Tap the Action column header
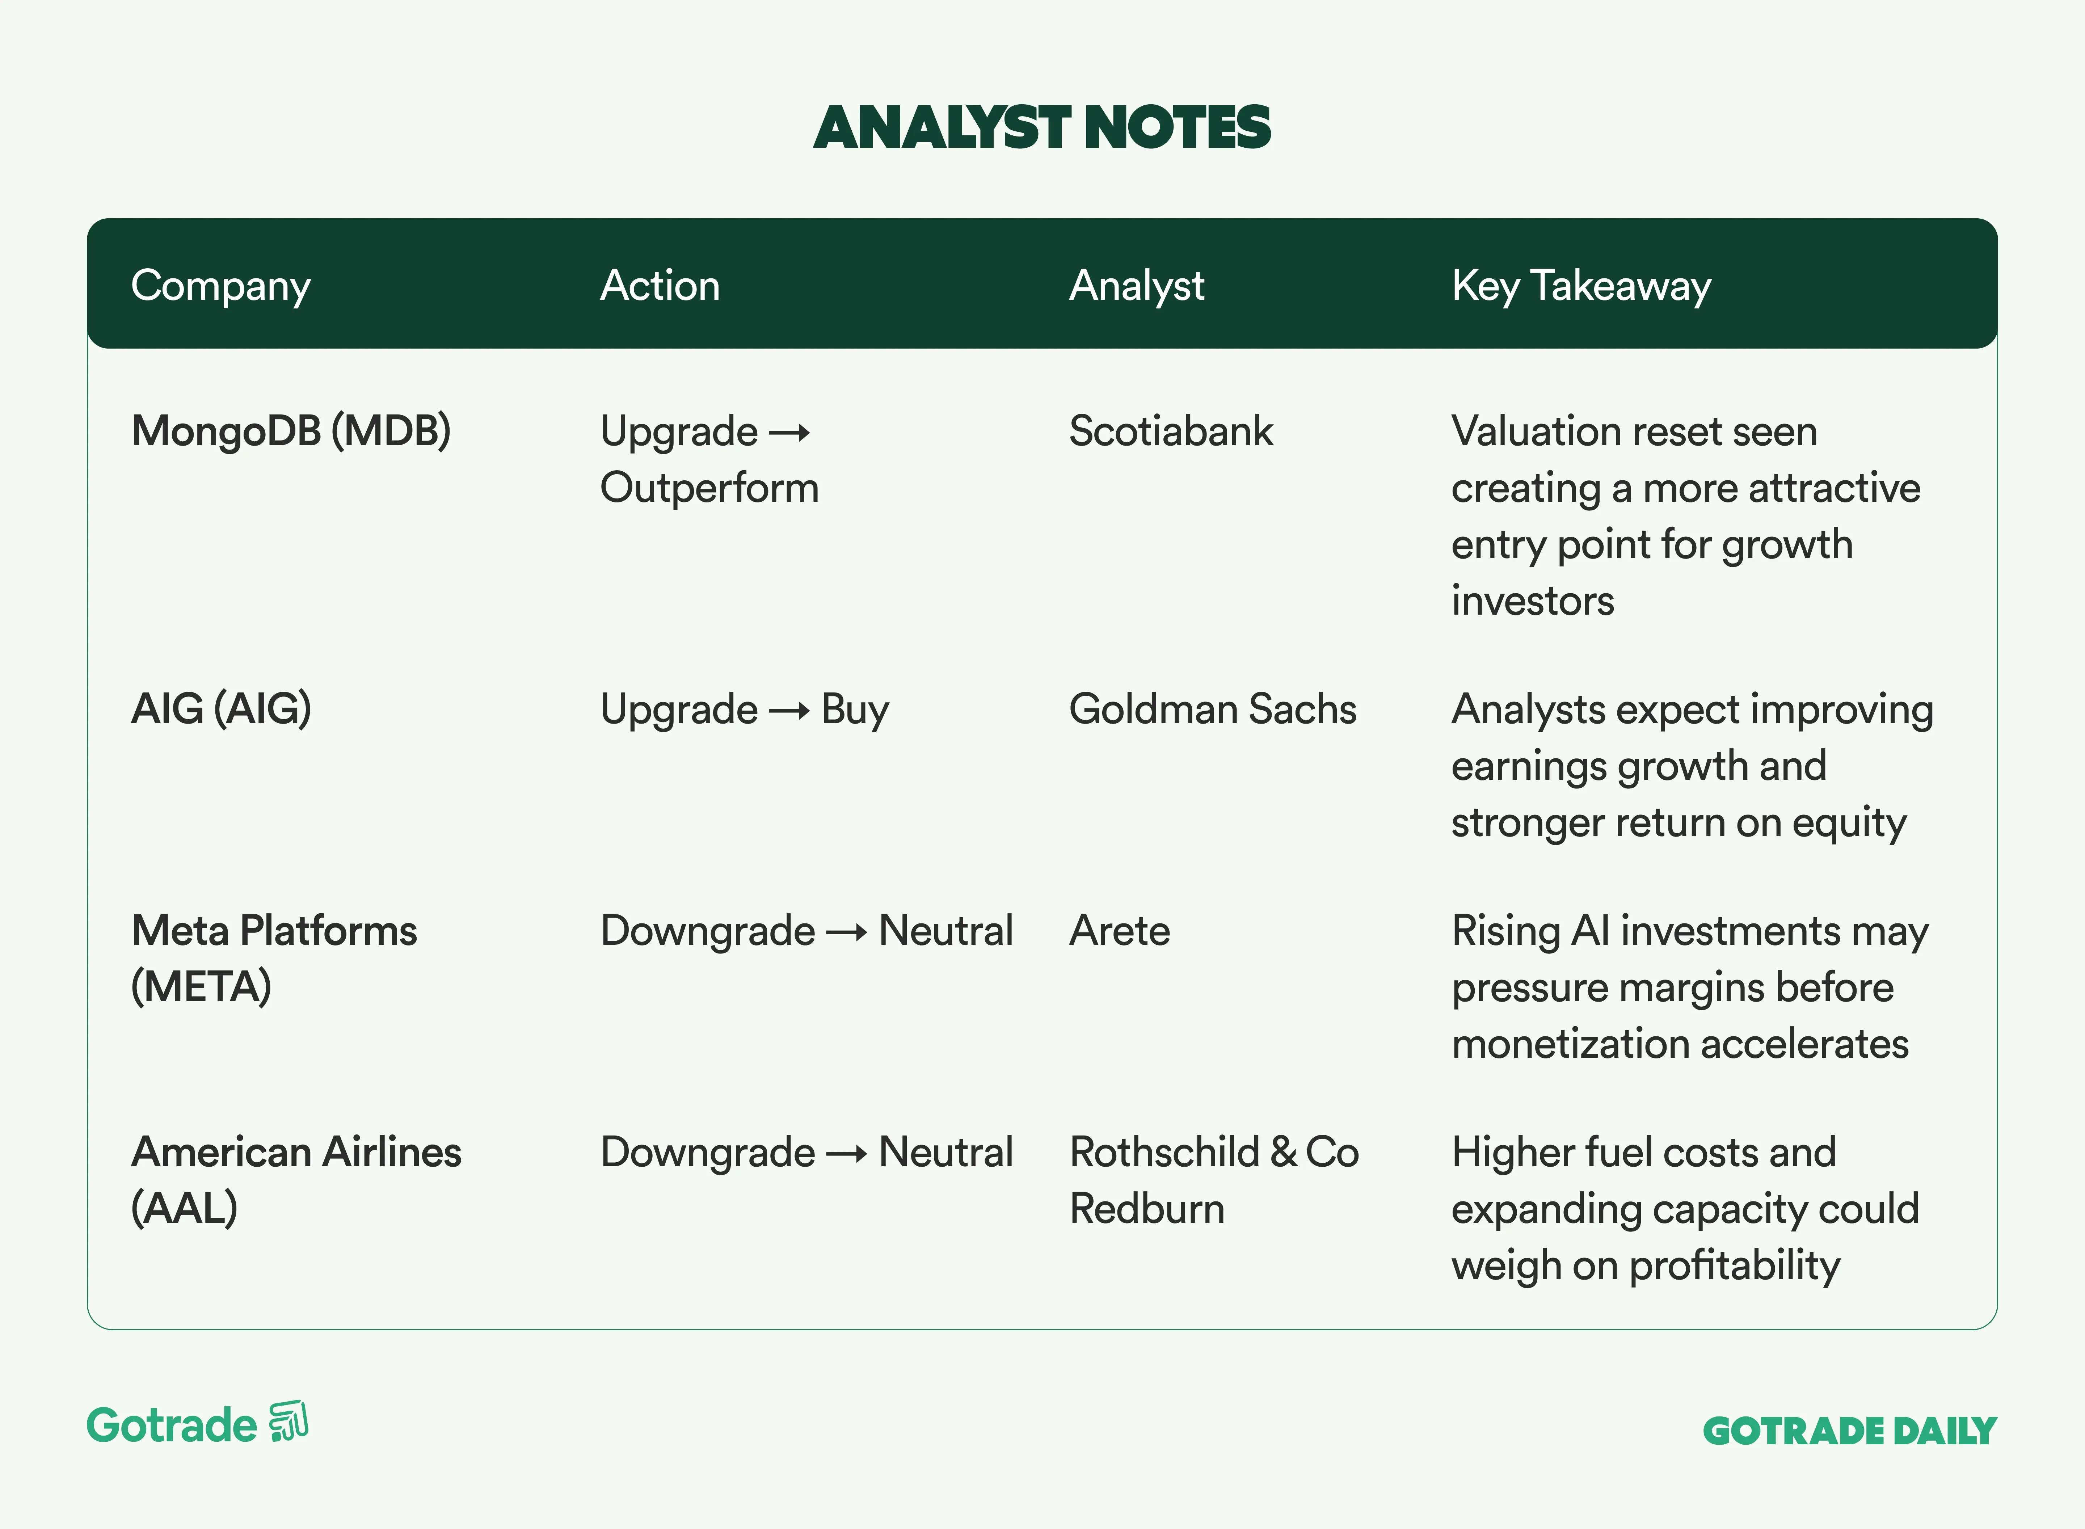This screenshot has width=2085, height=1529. tap(660, 285)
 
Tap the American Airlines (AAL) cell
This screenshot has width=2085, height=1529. tap(296, 1180)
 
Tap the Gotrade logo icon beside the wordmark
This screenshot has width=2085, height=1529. tap(289, 1421)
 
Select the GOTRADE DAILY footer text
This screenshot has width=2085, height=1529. tap(1850, 1431)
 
